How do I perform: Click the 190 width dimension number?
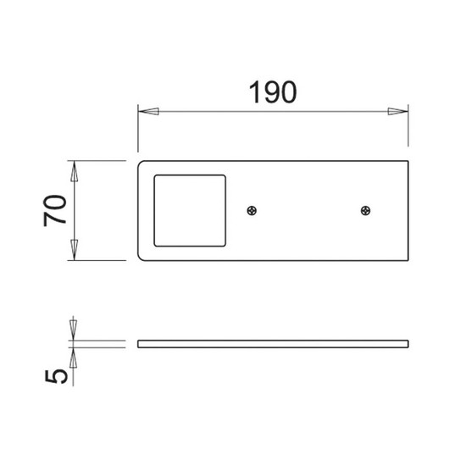273,92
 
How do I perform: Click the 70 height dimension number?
55,210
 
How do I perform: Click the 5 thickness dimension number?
56,377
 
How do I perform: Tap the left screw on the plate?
252,211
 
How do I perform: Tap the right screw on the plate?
365,211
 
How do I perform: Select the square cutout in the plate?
190,211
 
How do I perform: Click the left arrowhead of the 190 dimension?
148,112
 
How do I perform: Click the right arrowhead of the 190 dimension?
398,112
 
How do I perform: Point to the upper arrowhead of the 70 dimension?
74,171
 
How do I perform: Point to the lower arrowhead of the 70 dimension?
74,250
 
